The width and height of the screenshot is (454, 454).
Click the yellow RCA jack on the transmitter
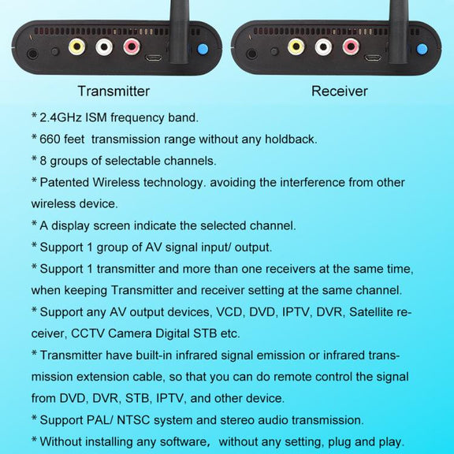(76, 47)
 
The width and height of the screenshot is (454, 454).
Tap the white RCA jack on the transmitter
(104, 47)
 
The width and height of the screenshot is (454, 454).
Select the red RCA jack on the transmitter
(132, 47)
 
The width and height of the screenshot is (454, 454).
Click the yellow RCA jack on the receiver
(296, 47)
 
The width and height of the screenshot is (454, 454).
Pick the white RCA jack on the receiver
(323, 47)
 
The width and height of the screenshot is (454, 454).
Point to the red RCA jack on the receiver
(351, 47)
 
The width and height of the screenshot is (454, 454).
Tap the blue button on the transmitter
(203, 49)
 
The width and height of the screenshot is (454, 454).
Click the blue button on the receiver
(422, 49)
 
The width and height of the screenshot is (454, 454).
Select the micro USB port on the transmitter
(154, 58)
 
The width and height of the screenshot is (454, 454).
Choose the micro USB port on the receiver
(373, 58)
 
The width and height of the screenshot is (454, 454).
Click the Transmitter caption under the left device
(113, 91)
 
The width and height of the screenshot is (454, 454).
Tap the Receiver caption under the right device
(340, 91)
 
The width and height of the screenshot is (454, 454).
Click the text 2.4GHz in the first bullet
(61, 117)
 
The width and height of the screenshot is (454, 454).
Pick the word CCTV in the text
(87, 333)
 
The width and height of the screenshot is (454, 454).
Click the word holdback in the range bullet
(289, 140)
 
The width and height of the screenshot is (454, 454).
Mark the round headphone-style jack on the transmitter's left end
(32, 54)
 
